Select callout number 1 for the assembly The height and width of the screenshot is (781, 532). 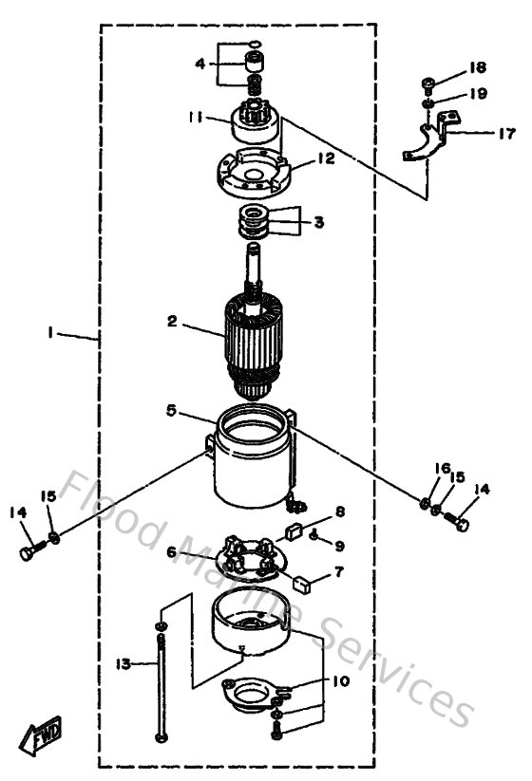pos(48,334)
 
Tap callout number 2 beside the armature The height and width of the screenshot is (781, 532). pos(173,322)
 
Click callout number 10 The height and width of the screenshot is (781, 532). pos(340,681)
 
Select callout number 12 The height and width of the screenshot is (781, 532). pos(326,160)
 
